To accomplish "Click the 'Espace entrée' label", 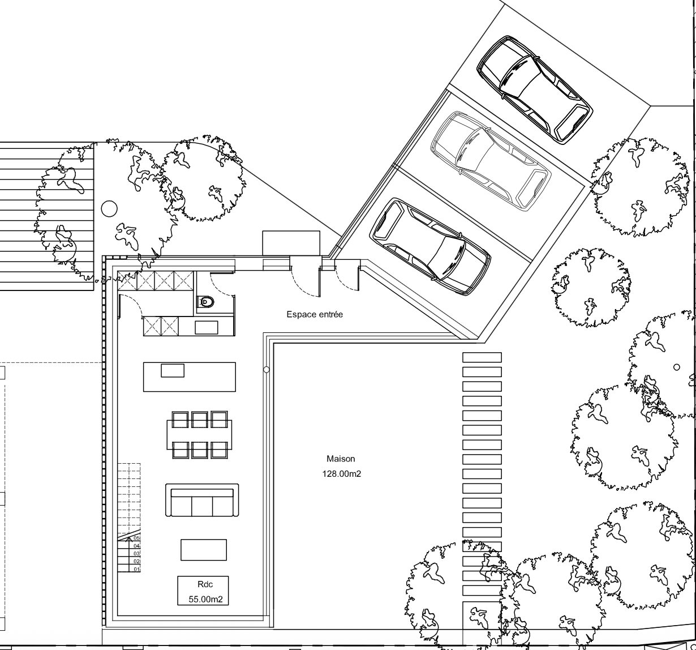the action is [315, 314].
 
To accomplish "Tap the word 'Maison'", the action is [341, 459].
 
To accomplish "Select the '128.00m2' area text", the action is [341, 474].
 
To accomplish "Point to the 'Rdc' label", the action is [205, 584].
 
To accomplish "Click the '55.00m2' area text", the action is [206, 599].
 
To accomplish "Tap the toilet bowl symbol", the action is [207, 301].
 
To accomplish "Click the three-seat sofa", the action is [202, 500].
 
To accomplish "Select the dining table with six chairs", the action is [199, 435].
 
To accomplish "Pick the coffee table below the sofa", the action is [204, 550].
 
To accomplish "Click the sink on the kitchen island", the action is [173, 370].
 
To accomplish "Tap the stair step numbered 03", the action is [129, 553].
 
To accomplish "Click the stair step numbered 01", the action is [129, 570].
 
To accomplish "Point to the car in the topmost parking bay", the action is [535, 90].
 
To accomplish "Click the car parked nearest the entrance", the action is [431, 247].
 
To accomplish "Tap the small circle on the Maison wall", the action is [267, 370].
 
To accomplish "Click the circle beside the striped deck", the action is [109, 209].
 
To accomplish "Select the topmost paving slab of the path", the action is [482, 357].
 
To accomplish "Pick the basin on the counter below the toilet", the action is [207, 328].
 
